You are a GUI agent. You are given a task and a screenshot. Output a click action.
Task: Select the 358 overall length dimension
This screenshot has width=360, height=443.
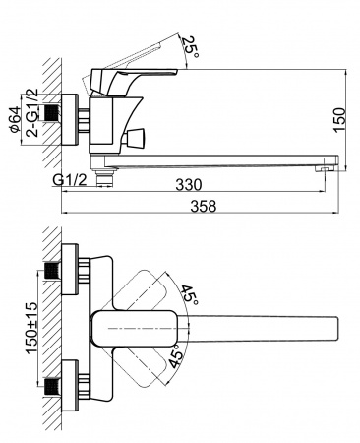click(x=203, y=207)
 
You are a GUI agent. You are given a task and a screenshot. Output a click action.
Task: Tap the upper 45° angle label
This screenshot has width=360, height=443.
click(x=191, y=293)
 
